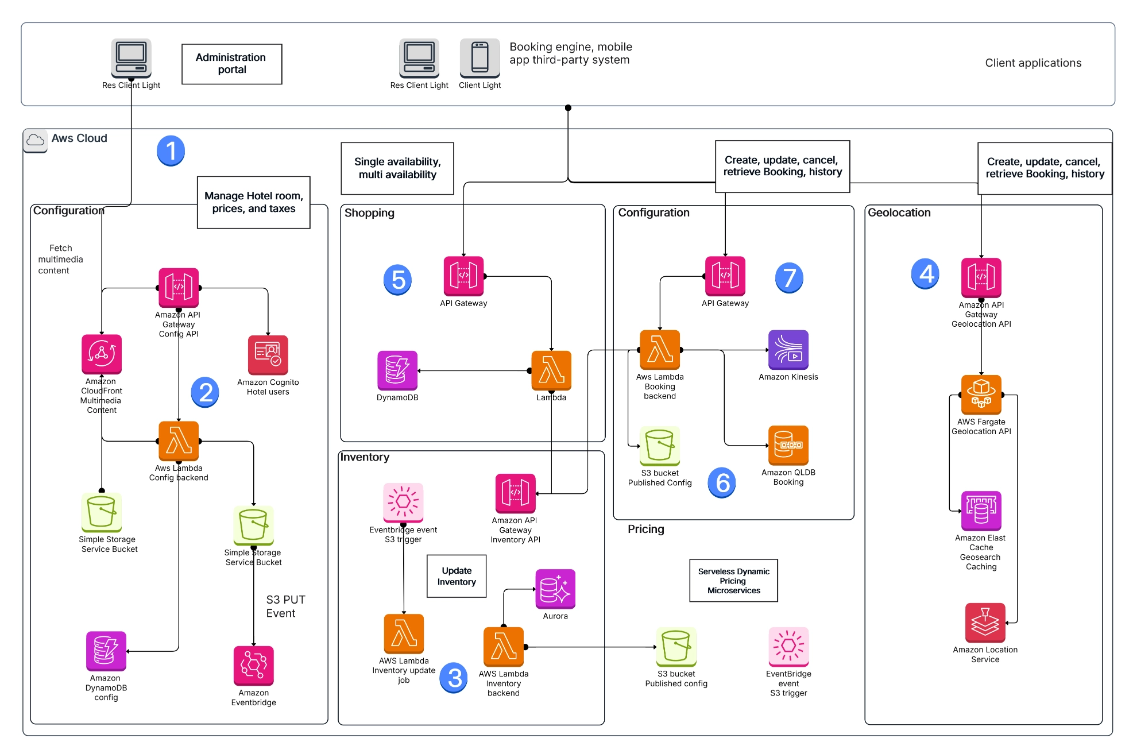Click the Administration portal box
click(x=231, y=64)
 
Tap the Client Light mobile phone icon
click(x=480, y=57)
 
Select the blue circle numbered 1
click(x=171, y=150)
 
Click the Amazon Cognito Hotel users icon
click(x=268, y=355)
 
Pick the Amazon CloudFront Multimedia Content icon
click(x=102, y=354)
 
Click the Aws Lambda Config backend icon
click(x=179, y=441)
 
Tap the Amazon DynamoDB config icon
click(x=106, y=651)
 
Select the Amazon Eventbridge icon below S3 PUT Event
click(x=253, y=665)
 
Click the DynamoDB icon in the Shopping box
click(x=397, y=370)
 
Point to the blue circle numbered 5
click(x=397, y=280)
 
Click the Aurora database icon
click(x=555, y=589)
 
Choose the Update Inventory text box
click(x=457, y=576)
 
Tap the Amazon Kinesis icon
click(x=788, y=350)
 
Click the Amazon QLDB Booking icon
click(x=788, y=445)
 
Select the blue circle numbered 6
click(x=722, y=482)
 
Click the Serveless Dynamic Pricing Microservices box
click(x=733, y=581)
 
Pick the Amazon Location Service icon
click(x=985, y=623)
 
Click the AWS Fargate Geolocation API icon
click(x=981, y=395)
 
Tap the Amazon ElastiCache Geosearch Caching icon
click(x=981, y=511)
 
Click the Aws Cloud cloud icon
click(x=36, y=140)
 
